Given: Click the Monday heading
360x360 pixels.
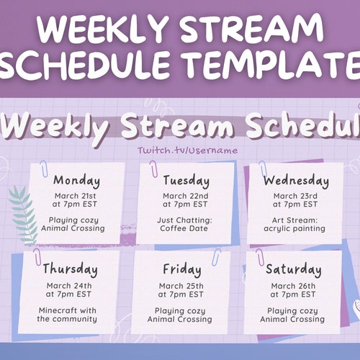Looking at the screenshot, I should click(76, 180).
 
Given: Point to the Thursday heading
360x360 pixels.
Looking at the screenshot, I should click(70, 269).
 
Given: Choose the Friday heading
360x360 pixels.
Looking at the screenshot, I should click(181, 269).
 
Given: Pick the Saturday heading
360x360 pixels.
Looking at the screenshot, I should click(294, 270).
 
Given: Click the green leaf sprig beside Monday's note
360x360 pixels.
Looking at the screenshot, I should click(23, 212).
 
